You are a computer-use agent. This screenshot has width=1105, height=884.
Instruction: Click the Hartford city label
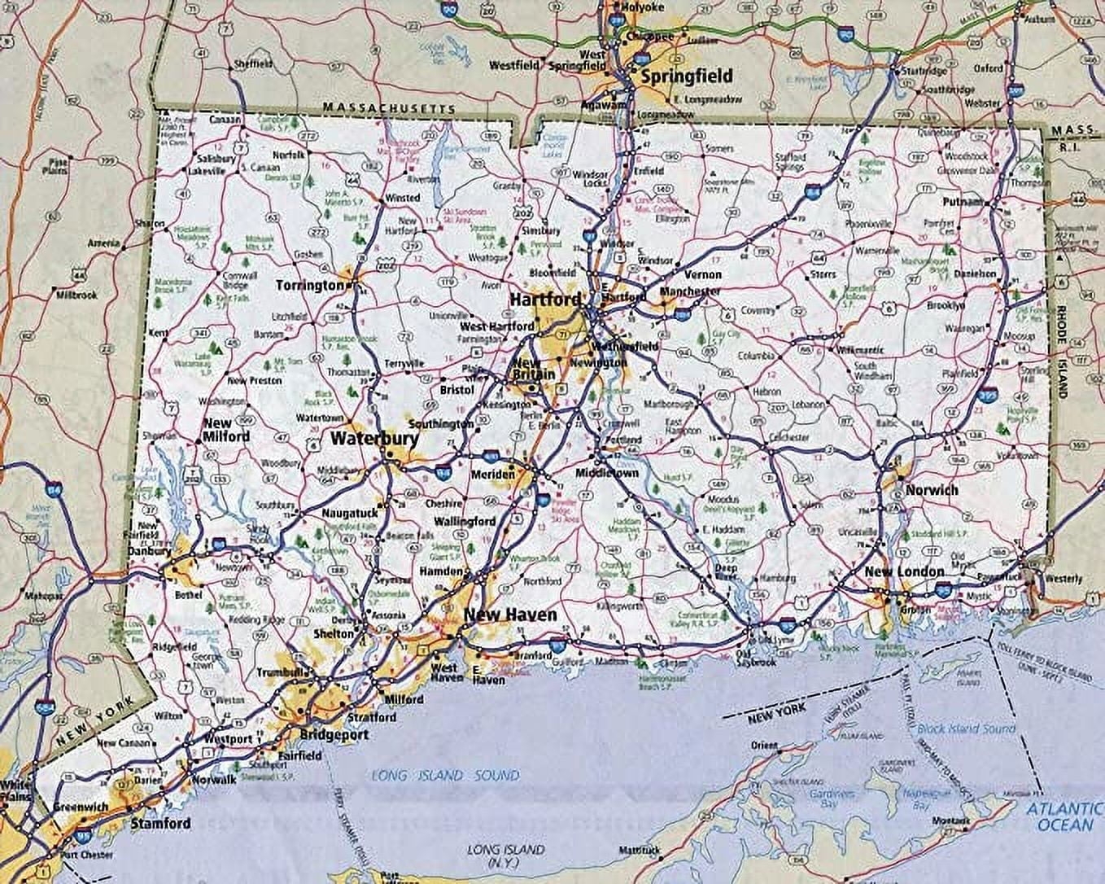click(545, 300)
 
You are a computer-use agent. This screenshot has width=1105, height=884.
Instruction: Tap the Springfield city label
click(687, 77)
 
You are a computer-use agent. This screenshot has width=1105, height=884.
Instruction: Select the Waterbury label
click(374, 439)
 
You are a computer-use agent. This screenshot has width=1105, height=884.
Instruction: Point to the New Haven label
click(510, 615)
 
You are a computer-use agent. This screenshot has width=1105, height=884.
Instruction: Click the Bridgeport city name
click(334, 733)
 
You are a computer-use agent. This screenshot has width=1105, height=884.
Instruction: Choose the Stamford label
click(160, 823)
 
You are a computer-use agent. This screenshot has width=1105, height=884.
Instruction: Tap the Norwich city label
click(932, 490)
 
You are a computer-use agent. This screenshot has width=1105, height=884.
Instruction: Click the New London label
click(904, 571)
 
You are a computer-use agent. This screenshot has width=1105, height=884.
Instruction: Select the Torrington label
click(310, 286)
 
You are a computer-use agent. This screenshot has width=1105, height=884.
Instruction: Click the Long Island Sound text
click(445, 776)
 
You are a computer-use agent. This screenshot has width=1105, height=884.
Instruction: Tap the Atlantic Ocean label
click(1064, 816)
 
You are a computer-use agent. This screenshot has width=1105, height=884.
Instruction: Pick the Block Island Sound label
click(967, 729)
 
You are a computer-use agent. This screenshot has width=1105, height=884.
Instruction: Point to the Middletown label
click(607, 473)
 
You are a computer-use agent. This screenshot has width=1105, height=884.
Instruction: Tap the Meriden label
click(492, 475)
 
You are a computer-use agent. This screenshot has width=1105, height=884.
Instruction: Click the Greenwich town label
click(81, 807)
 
